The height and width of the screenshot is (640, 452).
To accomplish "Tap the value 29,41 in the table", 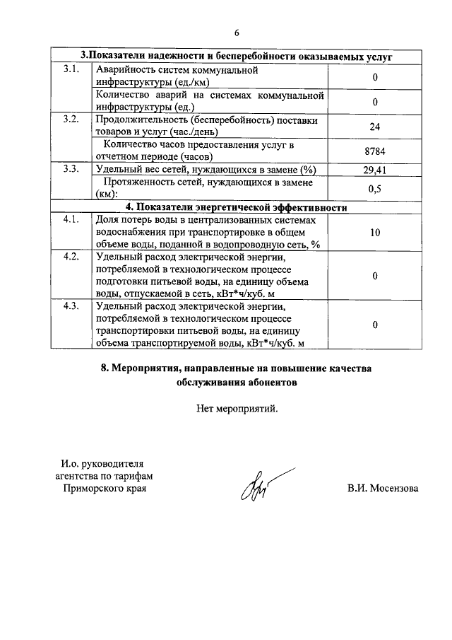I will pos(375,170).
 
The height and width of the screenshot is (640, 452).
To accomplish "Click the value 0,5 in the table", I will pos(375,189).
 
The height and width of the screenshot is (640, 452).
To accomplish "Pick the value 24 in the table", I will pos(375,127).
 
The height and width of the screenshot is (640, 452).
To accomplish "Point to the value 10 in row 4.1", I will pos(375,232).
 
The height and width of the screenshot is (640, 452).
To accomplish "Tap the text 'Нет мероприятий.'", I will pos(237,407).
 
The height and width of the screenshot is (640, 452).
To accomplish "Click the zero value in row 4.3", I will pos(375,325).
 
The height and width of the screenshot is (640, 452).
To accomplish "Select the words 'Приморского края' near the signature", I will pos(105,489).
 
